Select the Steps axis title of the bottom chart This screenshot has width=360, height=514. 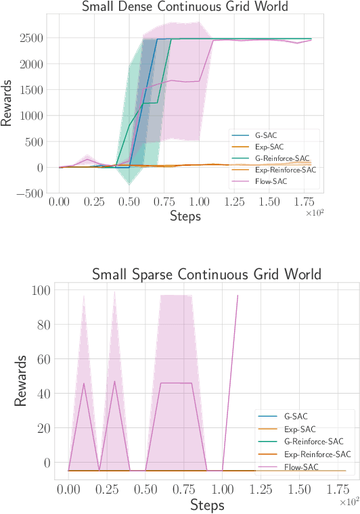click(x=207, y=505)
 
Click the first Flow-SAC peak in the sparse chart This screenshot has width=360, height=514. click(x=84, y=383)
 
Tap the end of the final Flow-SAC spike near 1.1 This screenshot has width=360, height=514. click(x=238, y=295)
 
